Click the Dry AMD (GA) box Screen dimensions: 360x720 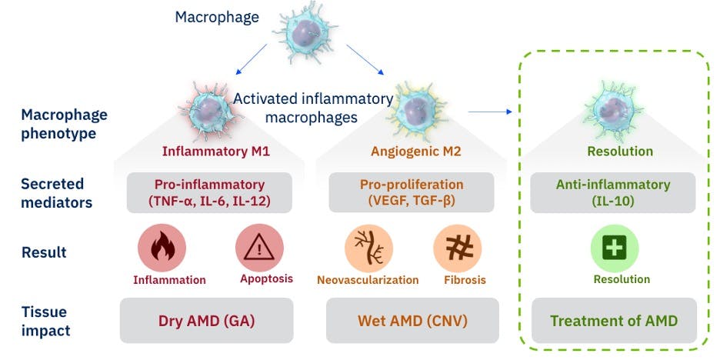[207, 320]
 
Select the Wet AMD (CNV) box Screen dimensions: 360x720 [412, 320]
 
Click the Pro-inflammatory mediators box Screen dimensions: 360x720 [208, 192]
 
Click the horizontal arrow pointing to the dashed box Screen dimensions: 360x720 [489, 112]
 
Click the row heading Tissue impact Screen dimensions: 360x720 [45, 321]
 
